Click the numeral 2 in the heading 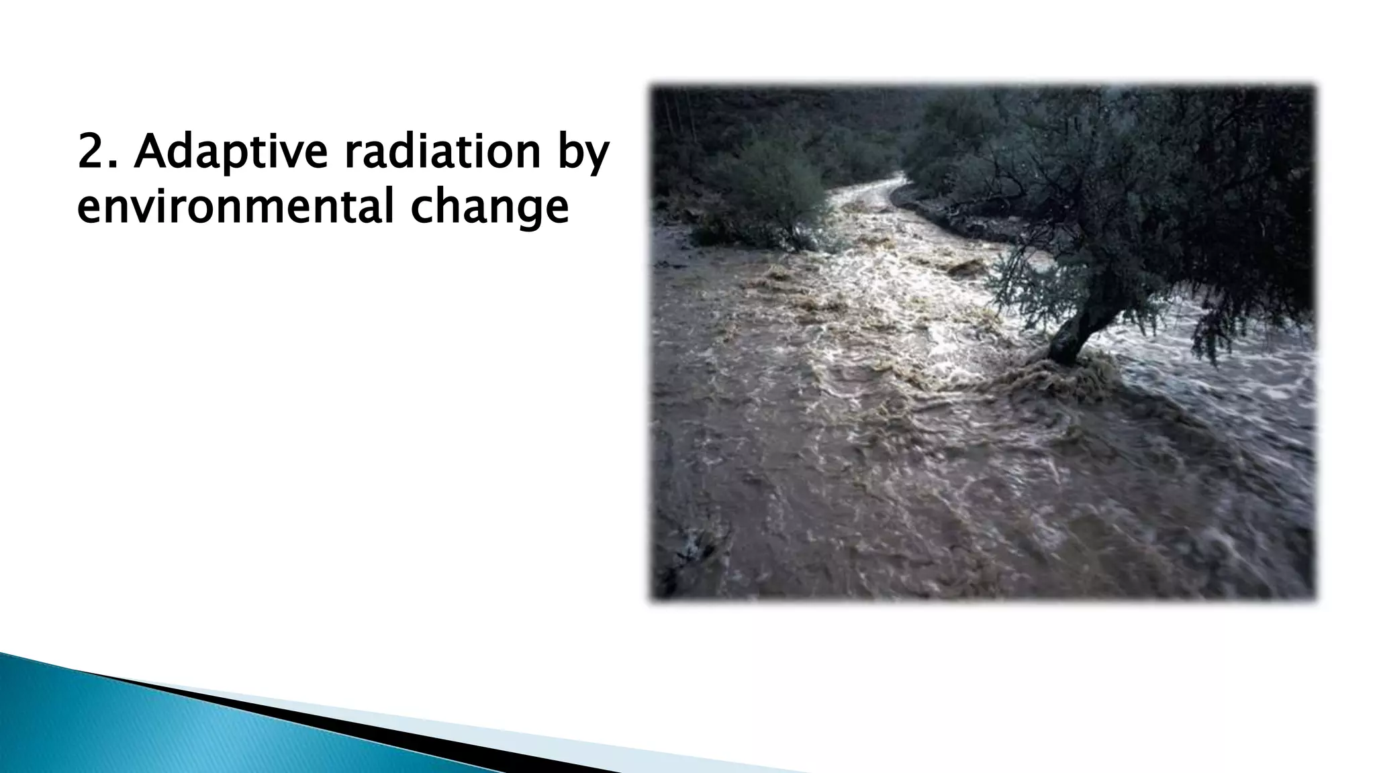(x=91, y=152)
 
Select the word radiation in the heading (x=442, y=152)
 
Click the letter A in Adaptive (x=150, y=152)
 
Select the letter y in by (x=596, y=159)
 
